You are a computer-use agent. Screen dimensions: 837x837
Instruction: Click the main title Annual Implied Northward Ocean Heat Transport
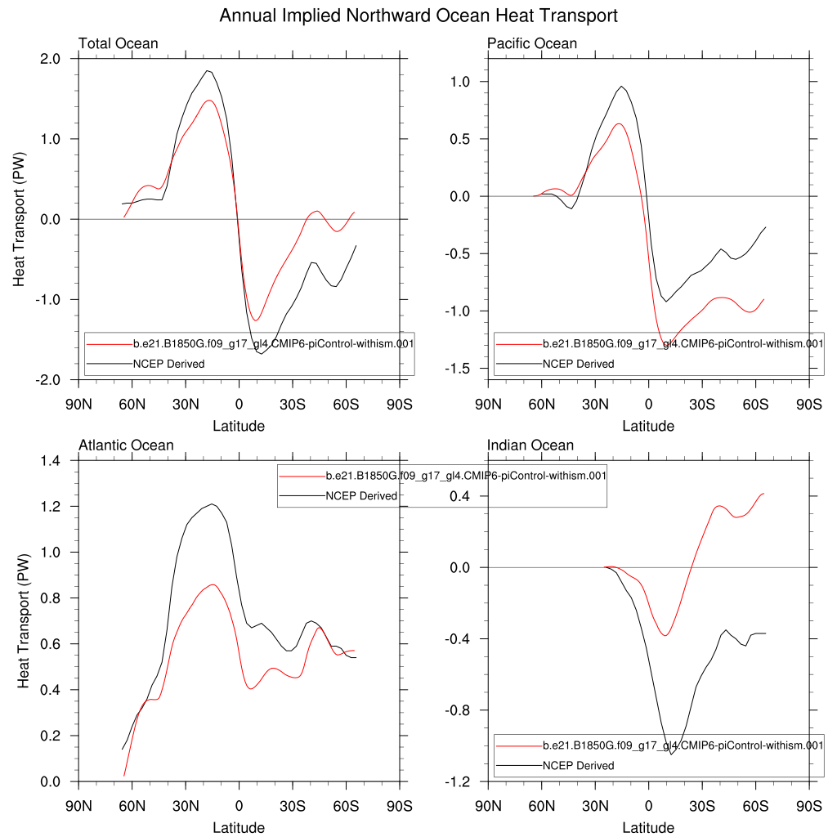(418, 16)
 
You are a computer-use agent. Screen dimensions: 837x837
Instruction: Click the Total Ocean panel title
(118, 43)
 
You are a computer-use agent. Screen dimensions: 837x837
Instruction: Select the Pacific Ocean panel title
(531, 43)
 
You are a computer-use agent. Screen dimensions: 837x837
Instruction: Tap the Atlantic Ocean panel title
(126, 445)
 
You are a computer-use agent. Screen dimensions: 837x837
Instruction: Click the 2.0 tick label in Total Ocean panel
(51, 59)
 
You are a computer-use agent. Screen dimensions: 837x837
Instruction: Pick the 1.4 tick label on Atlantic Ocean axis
(51, 461)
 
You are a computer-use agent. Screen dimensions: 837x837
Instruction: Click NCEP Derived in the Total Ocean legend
(169, 364)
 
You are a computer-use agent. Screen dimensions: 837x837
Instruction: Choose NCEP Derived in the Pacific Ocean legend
(579, 364)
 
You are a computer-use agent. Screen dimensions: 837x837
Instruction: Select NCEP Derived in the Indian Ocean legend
(579, 766)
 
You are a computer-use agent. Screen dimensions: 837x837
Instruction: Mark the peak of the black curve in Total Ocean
(208, 71)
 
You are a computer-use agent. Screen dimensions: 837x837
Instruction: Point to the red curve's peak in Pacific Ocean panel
(619, 123)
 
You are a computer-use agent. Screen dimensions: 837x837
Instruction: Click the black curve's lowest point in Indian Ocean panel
(671, 754)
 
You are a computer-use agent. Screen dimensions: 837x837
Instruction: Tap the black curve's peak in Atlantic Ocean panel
(213, 504)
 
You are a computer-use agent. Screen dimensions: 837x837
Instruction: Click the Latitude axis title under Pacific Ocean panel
(648, 426)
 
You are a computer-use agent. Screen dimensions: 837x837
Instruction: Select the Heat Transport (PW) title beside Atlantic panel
(25, 621)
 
